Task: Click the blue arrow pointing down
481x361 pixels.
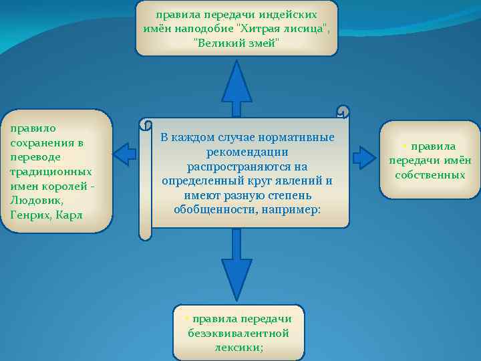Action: tap(236, 267)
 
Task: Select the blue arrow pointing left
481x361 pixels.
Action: tap(125, 154)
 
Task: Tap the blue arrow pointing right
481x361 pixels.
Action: tap(364, 157)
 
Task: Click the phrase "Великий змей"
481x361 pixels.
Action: tap(236, 43)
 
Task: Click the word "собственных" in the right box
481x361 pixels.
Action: tap(430, 174)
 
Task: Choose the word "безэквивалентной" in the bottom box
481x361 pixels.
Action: tap(238, 333)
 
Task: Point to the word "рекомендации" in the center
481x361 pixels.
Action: tap(247, 152)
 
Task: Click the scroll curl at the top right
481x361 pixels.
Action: tap(343, 112)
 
